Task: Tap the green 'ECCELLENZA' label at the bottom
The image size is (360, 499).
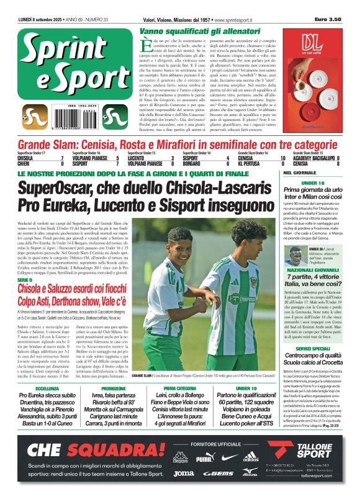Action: tap(47, 388)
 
